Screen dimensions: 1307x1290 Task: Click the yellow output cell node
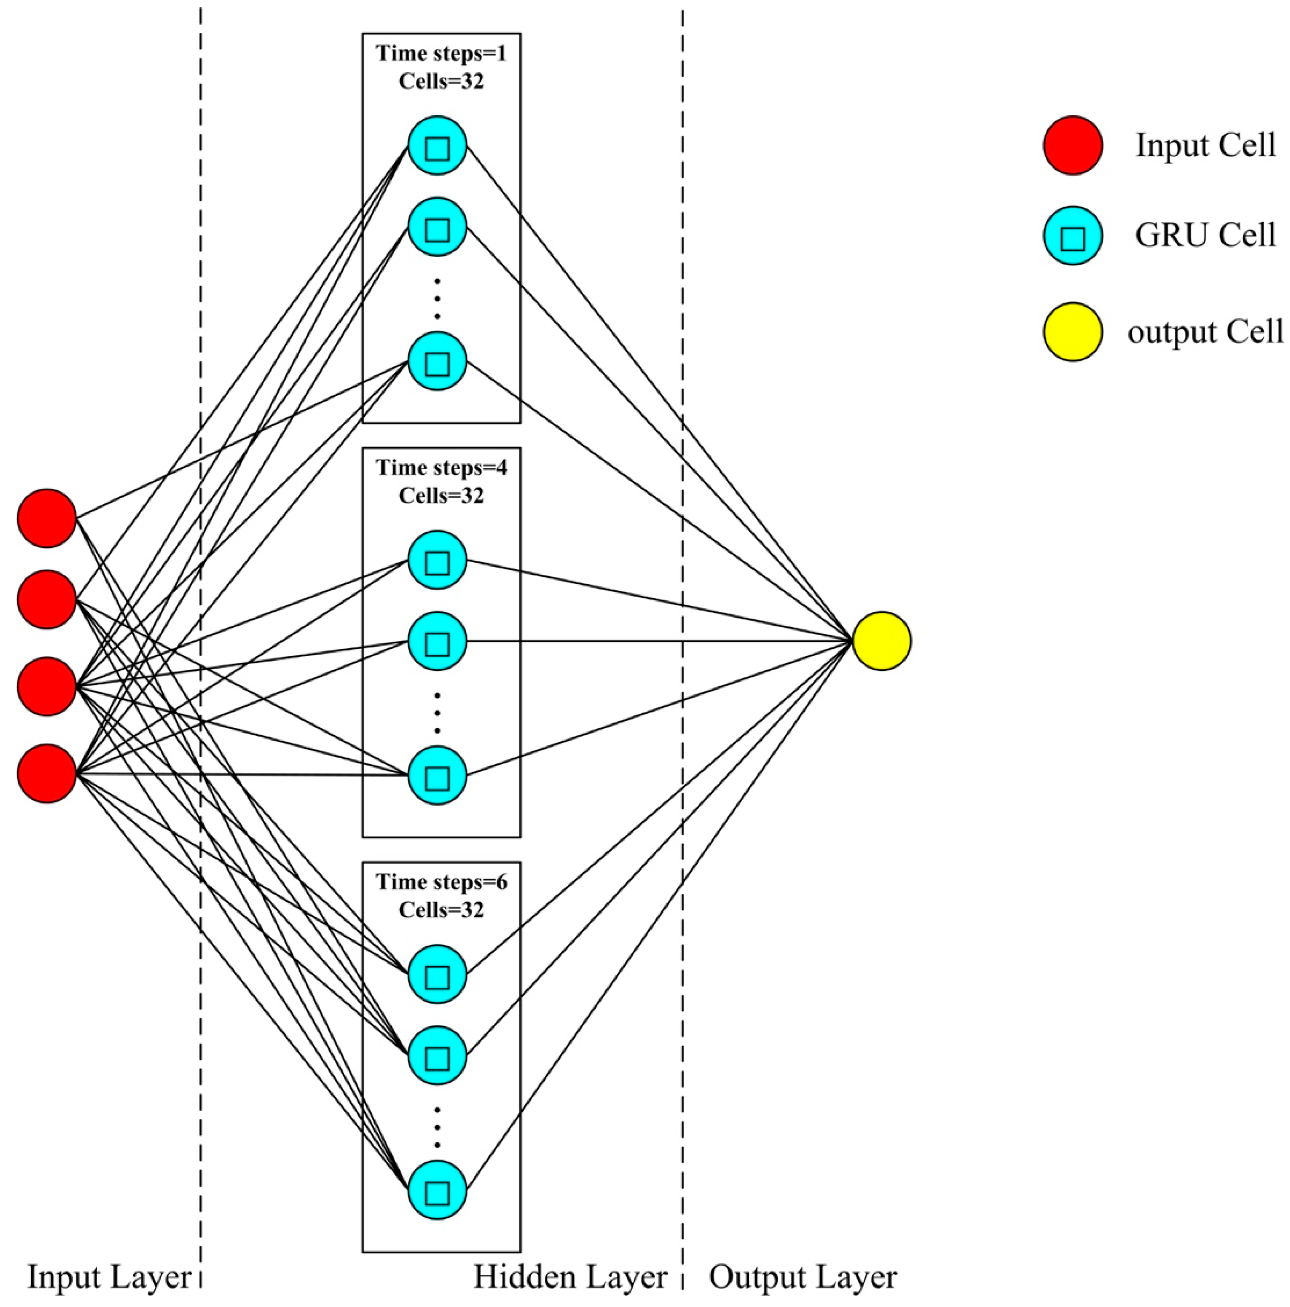(x=881, y=641)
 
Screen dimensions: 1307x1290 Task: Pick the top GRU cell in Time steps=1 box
(x=437, y=146)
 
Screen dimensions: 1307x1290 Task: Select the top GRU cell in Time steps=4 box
(x=437, y=559)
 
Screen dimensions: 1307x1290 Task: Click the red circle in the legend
(x=1072, y=145)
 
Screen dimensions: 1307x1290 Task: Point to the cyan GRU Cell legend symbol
(x=1072, y=235)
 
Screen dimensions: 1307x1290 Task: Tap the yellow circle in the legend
(x=1072, y=331)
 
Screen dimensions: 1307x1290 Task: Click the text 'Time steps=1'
(x=441, y=53)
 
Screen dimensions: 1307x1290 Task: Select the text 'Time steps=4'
(x=441, y=468)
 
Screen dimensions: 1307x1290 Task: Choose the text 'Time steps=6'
(x=441, y=882)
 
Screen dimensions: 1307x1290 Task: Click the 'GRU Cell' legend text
(x=1205, y=235)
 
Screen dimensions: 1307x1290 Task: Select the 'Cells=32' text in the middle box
(x=441, y=496)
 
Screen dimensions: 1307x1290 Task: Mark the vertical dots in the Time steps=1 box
(x=437, y=298)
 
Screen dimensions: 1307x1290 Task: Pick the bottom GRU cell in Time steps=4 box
(x=437, y=775)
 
